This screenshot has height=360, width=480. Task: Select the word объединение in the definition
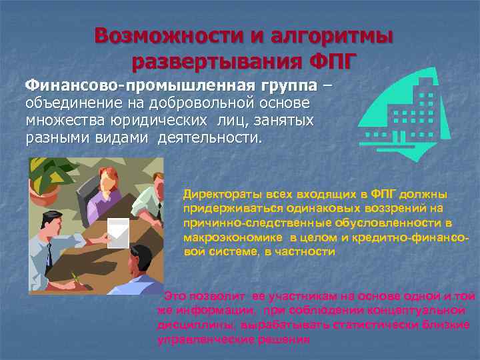tap(74, 105)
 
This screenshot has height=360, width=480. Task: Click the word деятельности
tap(209, 140)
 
